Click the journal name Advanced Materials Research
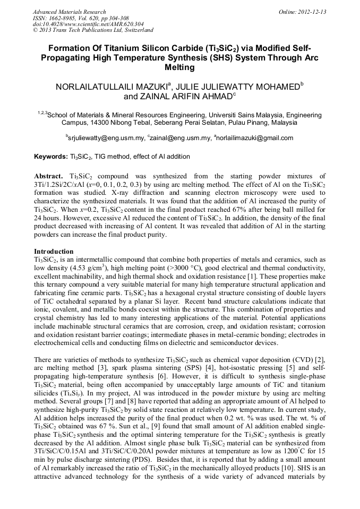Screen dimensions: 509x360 click(x=69, y=12)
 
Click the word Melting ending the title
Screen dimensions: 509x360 click(x=180, y=68)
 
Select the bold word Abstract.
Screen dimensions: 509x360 click(x=49, y=176)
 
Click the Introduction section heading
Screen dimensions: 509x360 click(x=54, y=251)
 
